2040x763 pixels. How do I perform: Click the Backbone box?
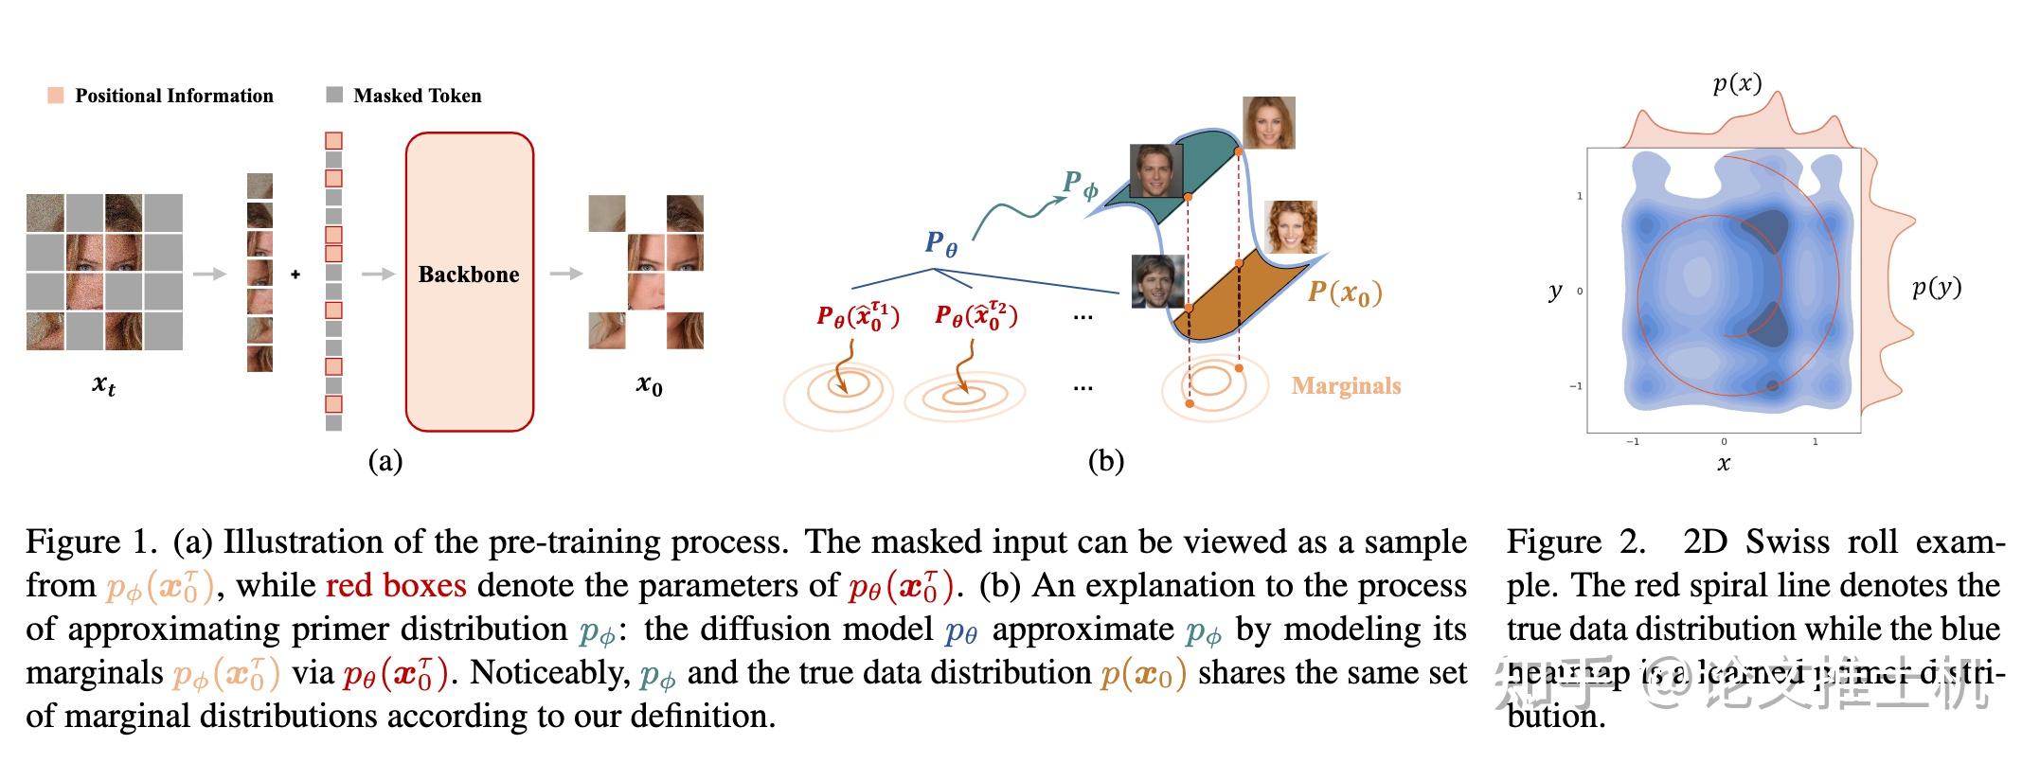point(470,280)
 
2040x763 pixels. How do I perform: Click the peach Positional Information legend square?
point(56,96)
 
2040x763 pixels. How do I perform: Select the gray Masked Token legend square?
point(334,95)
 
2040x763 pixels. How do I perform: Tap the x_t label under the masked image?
point(103,384)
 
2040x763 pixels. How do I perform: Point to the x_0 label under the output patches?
point(649,384)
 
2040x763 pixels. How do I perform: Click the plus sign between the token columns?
point(295,275)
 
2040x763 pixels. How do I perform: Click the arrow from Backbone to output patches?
point(565,275)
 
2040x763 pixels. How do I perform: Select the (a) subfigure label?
point(385,461)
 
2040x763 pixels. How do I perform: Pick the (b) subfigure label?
point(1105,461)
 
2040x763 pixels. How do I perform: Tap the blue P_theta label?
point(940,243)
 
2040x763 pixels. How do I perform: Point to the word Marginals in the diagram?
point(1346,385)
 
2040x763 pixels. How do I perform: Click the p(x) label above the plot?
point(1737,83)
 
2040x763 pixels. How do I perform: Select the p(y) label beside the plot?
point(1936,287)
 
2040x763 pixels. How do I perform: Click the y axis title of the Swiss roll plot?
point(1555,291)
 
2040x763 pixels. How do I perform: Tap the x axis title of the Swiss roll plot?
point(1724,463)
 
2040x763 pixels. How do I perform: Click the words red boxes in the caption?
point(396,585)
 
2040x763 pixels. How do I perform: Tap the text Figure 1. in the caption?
point(91,541)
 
